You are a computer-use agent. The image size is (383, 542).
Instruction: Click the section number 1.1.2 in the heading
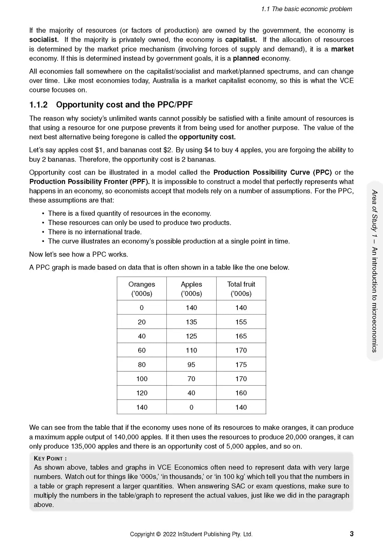click(x=38, y=105)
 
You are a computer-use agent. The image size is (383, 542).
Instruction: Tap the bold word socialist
click(x=44, y=40)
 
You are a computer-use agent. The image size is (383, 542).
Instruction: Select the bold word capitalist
click(x=241, y=40)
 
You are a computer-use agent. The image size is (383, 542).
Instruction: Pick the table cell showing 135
click(x=191, y=322)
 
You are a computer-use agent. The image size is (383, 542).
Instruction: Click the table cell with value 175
click(x=241, y=365)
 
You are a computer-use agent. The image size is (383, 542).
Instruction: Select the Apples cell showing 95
click(x=191, y=365)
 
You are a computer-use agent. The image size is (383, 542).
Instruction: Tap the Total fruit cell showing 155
click(x=241, y=322)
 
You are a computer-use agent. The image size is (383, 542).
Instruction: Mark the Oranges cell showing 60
click(x=142, y=350)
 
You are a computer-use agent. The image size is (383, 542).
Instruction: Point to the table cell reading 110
click(x=191, y=350)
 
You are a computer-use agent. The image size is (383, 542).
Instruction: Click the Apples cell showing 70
click(x=191, y=379)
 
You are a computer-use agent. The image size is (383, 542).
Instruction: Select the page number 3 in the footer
click(x=352, y=534)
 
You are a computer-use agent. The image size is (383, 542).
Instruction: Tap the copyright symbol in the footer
click(x=158, y=534)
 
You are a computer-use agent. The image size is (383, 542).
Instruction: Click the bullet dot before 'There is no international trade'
click(x=43, y=232)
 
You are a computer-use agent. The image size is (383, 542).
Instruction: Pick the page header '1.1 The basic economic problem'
click(x=306, y=9)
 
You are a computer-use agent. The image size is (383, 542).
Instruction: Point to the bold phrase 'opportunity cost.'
click(x=207, y=137)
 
